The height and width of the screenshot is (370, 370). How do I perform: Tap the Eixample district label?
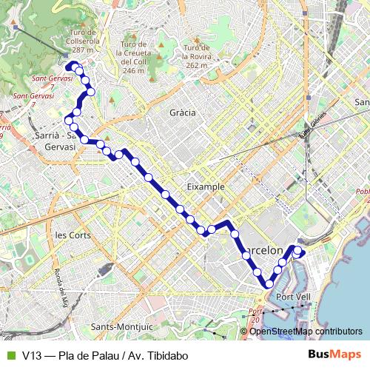[x=206, y=186]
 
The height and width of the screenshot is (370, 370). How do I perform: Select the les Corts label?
[x=73, y=235]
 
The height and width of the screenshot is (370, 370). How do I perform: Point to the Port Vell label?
[x=292, y=297]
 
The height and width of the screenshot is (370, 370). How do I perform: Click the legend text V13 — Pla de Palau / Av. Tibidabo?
[x=105, y=355]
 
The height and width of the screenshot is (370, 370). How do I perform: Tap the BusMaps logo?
[x=335, y=354]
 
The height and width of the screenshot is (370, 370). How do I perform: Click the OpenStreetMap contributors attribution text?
[x=306, y=332]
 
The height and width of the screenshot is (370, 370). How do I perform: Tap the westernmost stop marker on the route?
[x=69, y=120]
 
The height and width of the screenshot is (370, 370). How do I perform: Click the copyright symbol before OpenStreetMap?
[x=244, y=332]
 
